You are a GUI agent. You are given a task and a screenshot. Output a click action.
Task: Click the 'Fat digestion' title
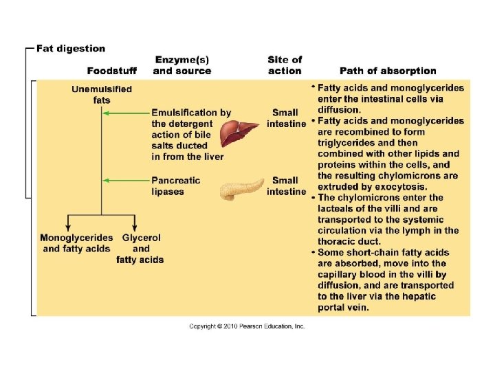(x=71, y=49)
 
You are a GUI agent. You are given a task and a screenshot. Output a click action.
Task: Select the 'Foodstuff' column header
(x=111, y=71)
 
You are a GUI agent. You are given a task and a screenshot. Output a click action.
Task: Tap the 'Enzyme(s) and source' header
(x=182, y=65)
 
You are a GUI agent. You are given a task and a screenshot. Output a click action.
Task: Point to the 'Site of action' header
(x=285, y=65)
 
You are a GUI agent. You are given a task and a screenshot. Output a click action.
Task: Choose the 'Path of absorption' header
(x=388, y=71)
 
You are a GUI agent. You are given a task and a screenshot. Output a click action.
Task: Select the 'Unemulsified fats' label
(x=102, y=95)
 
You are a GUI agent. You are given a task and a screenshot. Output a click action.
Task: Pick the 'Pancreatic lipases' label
(x=176, y=186)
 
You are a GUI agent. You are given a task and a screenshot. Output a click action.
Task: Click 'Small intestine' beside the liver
(x=285, y=118)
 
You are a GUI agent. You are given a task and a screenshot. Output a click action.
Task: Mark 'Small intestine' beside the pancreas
(x=285, y=186)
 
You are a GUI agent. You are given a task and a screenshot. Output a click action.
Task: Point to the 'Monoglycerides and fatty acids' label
(x=76, y=243)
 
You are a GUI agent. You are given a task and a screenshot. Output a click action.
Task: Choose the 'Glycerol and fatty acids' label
(x=140, y=249)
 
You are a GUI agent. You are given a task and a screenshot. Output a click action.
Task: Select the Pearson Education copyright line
(x=247, y=326)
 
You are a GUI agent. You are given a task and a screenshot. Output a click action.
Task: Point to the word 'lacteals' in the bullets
(x=338, y=208)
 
